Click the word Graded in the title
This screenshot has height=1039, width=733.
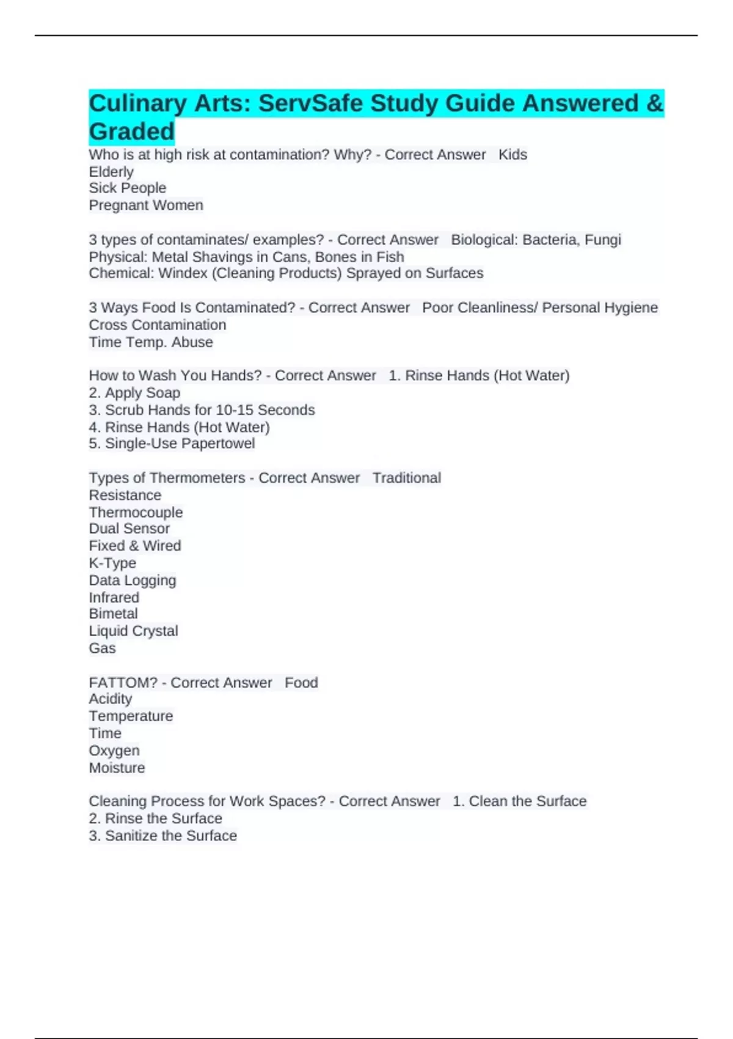point(132,131)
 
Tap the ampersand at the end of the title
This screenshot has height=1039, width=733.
point(655,103)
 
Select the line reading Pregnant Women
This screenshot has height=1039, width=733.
point(146,205)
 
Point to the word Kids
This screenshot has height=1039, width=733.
point(512,155)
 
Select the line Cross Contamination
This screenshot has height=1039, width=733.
point(158,325)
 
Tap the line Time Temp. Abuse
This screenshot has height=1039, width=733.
point(151,342)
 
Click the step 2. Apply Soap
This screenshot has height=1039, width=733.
point(134,393)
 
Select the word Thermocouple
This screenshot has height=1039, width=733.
point(136,512)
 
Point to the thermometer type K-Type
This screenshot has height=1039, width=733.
point(112,563)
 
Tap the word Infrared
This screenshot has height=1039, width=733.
point(114,597)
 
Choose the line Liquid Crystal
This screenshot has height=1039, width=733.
point(133,631)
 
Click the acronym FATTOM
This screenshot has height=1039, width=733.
point(123,683)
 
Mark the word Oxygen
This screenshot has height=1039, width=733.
point(114,751)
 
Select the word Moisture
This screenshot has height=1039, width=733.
point(117,768)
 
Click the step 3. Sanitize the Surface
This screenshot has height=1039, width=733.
point(162,835)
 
